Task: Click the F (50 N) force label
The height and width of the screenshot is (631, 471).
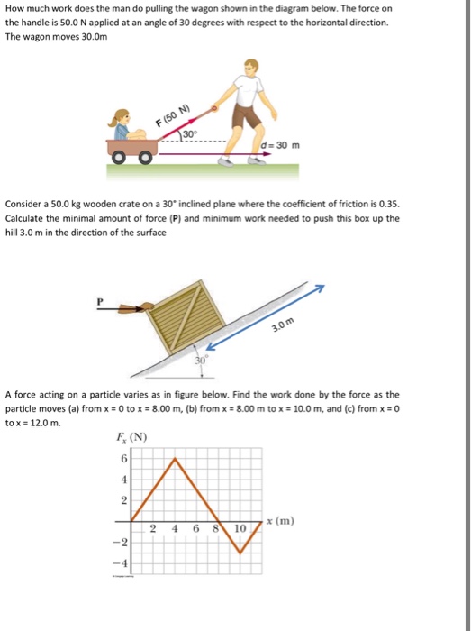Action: tap(175, 117)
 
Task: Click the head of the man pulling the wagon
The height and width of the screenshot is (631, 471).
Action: tap(252, 69)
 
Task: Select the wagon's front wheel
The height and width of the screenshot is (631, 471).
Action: tap(143, 160)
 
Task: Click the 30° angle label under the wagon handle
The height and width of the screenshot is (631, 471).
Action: tap(190, 135)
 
